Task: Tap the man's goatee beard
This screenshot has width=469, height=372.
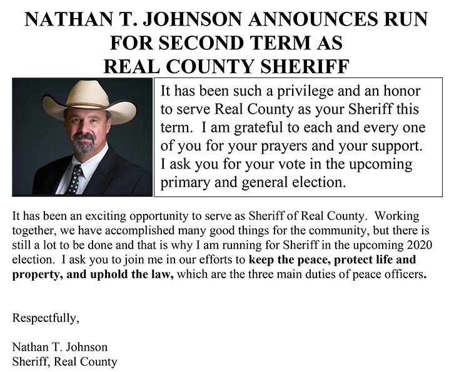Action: (x=84, y=145)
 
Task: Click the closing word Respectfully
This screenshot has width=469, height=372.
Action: (x=46, y=318)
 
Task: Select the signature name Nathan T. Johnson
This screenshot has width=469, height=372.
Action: (x=60, y=347)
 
